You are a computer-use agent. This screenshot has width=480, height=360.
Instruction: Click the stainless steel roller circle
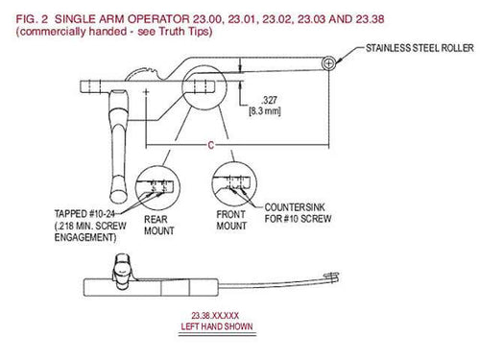pos(328,63)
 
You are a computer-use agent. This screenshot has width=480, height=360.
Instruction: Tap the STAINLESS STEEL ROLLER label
pos(420,48)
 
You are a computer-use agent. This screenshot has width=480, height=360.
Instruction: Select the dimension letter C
pos(210,145)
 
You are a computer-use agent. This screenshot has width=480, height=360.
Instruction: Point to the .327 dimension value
pos(269,100)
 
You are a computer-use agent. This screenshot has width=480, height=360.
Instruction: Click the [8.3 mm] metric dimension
pos(265,111)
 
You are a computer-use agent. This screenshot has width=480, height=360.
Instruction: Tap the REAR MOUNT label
pos(159,225)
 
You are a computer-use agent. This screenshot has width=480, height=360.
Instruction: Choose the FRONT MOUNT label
pos(231,220)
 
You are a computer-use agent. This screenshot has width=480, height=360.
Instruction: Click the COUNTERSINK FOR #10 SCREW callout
pos(298,213)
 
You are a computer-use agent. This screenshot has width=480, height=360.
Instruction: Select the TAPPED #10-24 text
pos(84,213)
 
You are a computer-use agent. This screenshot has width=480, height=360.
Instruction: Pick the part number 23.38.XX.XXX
pos(215,316)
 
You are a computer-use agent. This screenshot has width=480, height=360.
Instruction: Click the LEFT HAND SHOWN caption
pos(217,326)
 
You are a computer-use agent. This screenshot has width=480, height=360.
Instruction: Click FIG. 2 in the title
pos(32,19)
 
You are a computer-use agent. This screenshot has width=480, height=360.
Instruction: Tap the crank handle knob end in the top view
pos(118,193)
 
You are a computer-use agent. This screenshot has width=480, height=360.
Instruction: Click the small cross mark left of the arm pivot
pos(146,92)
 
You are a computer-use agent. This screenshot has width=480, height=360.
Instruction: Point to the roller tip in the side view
pos(332,277)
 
